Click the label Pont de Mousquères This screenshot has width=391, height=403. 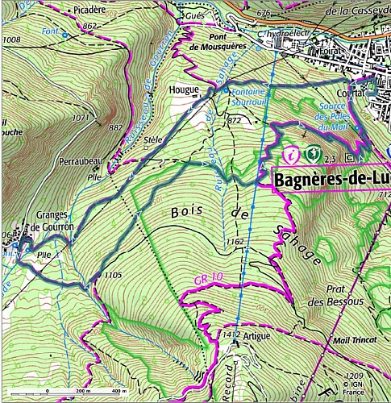pos(223,42)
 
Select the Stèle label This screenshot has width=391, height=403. pos(152,139)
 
